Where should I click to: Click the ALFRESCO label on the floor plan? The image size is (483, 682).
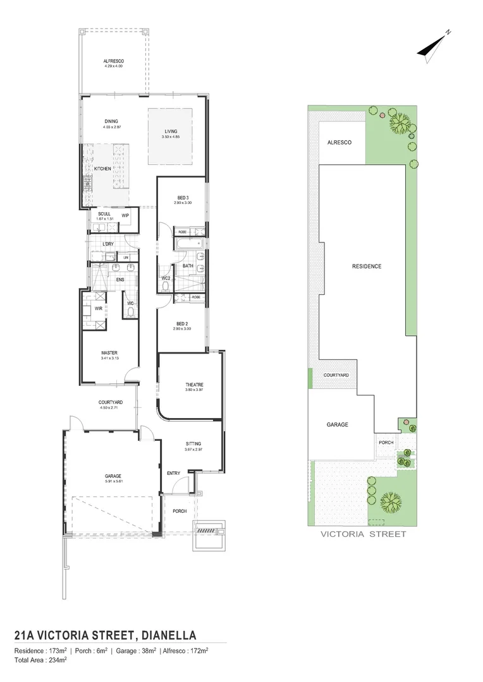[x=114, y=61]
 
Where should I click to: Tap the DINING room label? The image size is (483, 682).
[x=111, y=121]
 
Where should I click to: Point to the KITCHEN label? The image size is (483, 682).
[x=102, y=169]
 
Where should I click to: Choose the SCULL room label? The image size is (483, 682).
[x=104, y=214]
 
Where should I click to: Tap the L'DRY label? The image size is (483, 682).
[x=108, y=243]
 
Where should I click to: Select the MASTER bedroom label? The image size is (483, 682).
[x=109, y=353]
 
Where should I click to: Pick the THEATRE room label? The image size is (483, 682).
[x=194, y=385]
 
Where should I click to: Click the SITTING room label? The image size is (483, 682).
[x=193, y=443]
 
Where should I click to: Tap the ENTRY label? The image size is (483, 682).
[x=173, y=473]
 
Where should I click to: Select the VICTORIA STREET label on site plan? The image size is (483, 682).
[x=363, y=534]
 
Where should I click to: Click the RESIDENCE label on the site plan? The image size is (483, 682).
[x=367, y=266]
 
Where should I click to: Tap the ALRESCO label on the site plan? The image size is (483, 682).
[x=339, y=143]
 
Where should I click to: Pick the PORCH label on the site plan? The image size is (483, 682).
[x=386, y=443]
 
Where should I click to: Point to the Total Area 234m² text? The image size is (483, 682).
[x=40, y=659]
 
